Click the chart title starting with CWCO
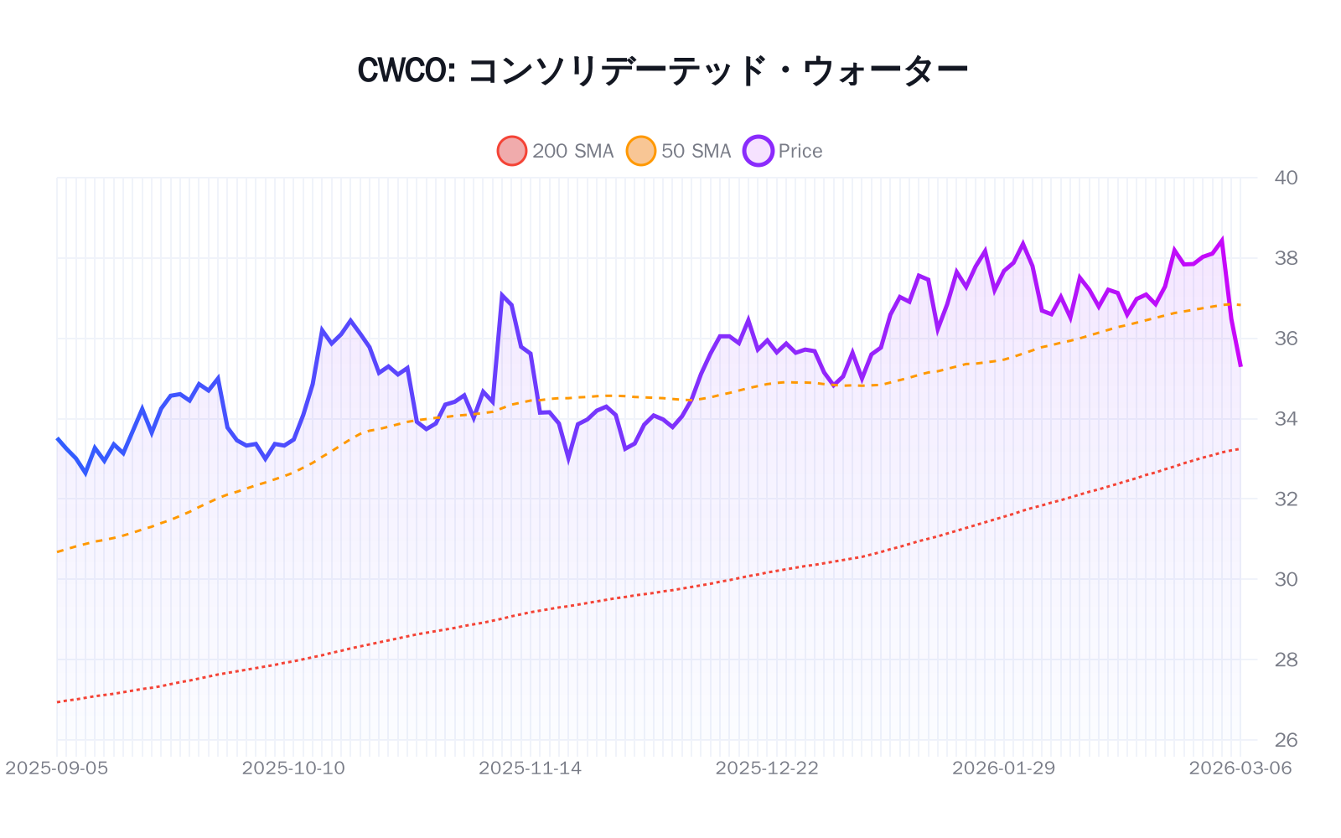(x=662, y=70)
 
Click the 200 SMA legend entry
(x=556, y=151)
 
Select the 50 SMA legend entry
(x=680, y=151)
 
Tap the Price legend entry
(x=784, y=151)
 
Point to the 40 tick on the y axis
(x=1286, y=178)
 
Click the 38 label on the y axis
(x=1286, y=258)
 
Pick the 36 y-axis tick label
(x=1286, y=339)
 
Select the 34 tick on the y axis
(x=1286, y=419)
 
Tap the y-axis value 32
(x=1286, y=499)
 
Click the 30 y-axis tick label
(x=1286, y=579)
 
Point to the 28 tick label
(x=1286, y=660)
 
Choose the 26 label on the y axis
(x=1286, y=740)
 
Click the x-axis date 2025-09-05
(x=57, y=768)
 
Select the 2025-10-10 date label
(x=293, y=768)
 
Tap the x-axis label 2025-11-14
(x=530, y=768)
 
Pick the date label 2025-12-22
(x=767, y=768)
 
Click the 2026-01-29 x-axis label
(x=1003, y=768)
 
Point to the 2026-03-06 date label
(x=1240, y=768)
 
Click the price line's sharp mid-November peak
(x=501, y=295)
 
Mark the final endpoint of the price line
(x=1240, y=365)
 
